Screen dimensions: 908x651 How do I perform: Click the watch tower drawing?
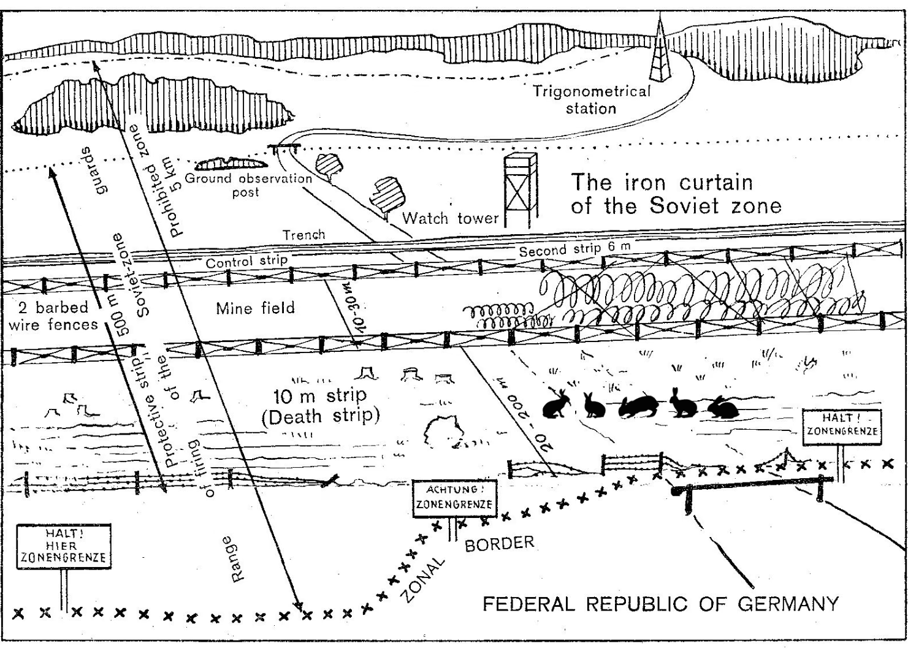click(x=519, y=190)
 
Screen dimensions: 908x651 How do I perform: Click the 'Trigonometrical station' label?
click(x=591, y=100)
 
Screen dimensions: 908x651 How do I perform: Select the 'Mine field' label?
click(x=255, y=308)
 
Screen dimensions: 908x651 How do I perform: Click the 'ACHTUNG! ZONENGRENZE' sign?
click(x=454, y=498)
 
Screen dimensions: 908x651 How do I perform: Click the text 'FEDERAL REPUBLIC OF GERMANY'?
click(x=660, y=604)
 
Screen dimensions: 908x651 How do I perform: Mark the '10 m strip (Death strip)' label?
click(x=320, y=405)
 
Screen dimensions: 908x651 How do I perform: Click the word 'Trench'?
click(x=303, y=235)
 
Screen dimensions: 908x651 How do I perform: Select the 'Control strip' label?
click(x=246, y=262)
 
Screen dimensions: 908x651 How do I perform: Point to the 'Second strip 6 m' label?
click(x=574, y=249)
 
